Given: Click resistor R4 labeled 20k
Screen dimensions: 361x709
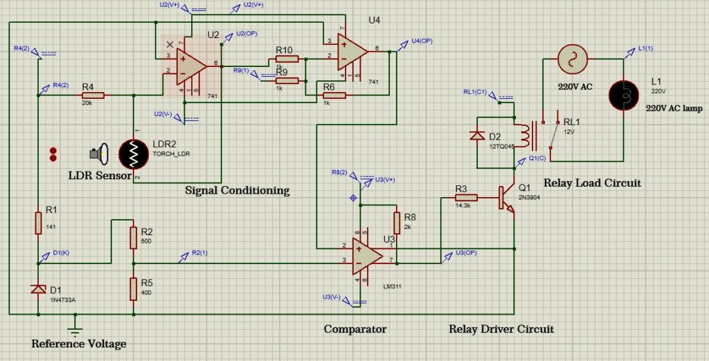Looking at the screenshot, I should click(x=92, y=95).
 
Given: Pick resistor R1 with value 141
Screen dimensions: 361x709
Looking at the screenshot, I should click(x=39, y=223).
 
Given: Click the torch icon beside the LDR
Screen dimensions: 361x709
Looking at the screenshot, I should click(x=101, y=154).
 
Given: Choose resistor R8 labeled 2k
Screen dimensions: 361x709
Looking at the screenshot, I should click(x=396, y=223).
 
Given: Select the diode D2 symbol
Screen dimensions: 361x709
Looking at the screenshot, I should click(x=477, y=136).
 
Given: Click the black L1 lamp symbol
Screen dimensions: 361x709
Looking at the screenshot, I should click(x=622, y=94).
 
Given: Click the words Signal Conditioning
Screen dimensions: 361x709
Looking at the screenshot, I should click(x=237, y=190).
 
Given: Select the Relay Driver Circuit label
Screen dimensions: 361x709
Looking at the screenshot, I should click(x=501, y=329).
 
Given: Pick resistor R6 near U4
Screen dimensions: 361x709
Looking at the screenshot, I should click(x=334, y=95).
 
